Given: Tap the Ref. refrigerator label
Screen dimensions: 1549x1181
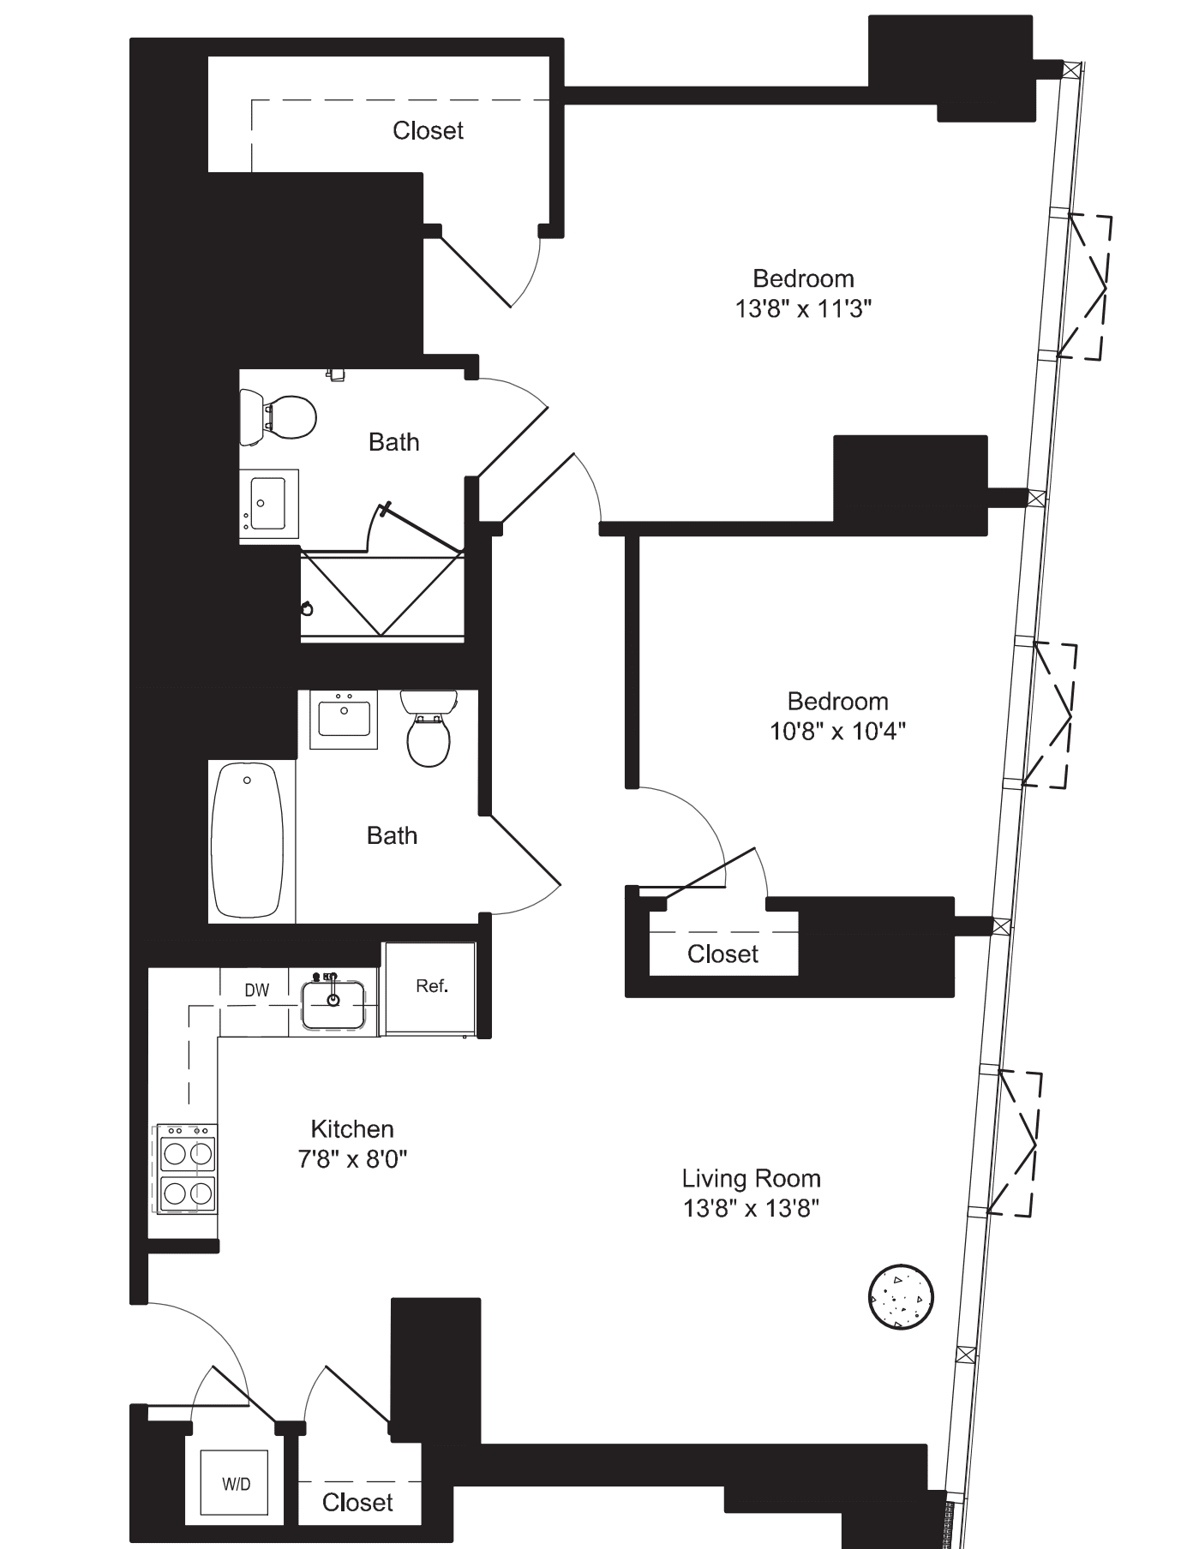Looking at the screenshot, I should click(x=431, y=986).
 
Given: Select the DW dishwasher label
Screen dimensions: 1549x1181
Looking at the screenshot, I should click(x=256, y=990).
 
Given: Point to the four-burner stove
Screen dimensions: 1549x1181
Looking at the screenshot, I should click(x=187, y=1170).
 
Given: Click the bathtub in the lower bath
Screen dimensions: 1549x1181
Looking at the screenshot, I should click(x=247, y=840).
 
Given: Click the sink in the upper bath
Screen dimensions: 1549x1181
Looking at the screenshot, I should click(x=268, y=505).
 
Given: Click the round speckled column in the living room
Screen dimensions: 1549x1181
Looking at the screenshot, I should click(x=900, y=1297).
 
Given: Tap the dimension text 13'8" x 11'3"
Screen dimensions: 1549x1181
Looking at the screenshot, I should click(x=803, y=308).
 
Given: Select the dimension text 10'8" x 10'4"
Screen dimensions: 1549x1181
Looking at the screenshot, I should click(x=837, y=731).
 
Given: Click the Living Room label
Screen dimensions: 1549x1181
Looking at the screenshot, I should click(x=751, y=1178).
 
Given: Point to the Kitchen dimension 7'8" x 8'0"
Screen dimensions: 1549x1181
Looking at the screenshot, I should click(x=352, y=1158).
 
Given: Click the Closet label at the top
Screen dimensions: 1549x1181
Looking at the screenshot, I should click(x=428, y=130).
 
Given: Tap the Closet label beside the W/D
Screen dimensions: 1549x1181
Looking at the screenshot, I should click(x=357, y=1501).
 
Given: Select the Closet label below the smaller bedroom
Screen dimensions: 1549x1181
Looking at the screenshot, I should click(x=722, y=954).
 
